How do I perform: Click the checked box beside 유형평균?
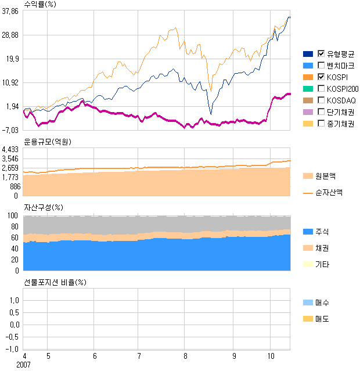coord(321,54)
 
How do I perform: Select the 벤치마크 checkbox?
coord(321,66)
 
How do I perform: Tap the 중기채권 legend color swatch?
coord(308,124)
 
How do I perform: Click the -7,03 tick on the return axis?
coord(11,130)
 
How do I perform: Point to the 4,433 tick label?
coord(11,150)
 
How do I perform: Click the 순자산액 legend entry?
coord(329,192)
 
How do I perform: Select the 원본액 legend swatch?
coord(308,176)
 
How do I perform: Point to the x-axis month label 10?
coord(271,355)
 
